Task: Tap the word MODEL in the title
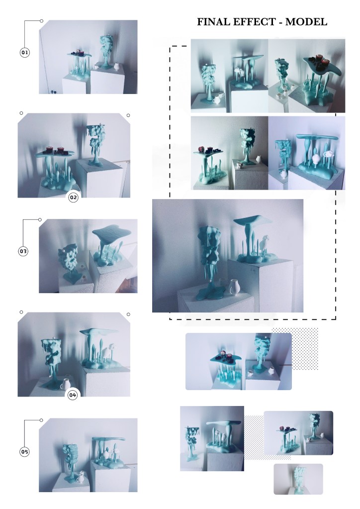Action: point(306,22)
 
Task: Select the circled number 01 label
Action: point(25,52)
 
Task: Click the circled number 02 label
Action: point(74,197)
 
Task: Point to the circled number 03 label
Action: point(23,251)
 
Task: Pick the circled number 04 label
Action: point(72,395)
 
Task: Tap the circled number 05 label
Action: point(25,452)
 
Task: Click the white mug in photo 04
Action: point(67,384)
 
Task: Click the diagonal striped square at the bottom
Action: point(267,437)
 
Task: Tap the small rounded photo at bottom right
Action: point(298,479)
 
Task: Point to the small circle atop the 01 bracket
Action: point(41,21)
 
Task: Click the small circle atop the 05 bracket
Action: point(41,420)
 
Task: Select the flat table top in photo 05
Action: point(108,439)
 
